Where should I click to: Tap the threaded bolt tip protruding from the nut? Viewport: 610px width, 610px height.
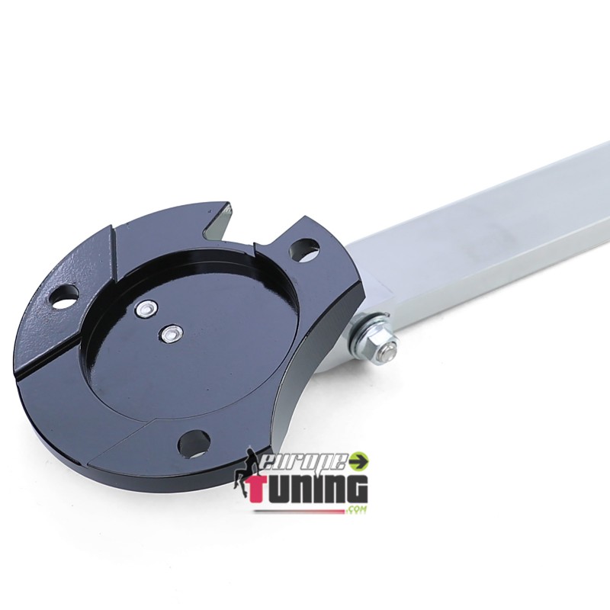pyautogui.click(x=387, y=352)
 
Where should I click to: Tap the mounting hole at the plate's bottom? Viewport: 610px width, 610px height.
pyautogui.click(x=194, y=444)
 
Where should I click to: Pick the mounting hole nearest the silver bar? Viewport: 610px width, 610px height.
pyautogui.click(x=304, y=249)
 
